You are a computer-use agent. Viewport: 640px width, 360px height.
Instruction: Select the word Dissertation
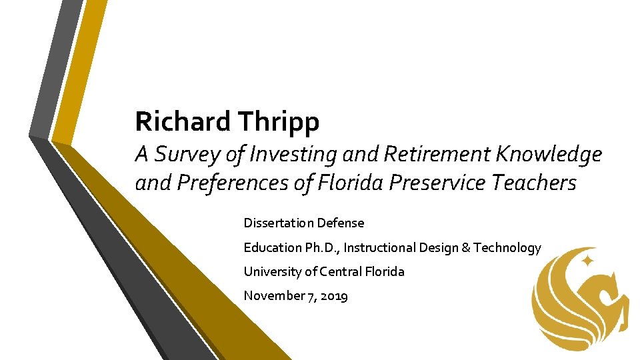(x=279, y=223)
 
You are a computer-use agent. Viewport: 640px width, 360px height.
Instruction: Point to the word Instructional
(x=379, y=247)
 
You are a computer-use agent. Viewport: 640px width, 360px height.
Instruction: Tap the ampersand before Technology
(x=466, y=247)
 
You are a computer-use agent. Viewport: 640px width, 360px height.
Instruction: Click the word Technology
(x=507, y=247)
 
